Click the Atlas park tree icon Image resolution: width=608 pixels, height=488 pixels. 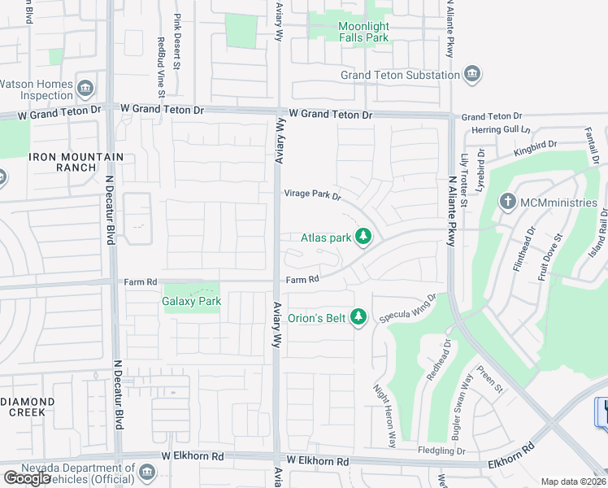(x=364, y=237)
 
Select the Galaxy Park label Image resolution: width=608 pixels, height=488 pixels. (x=192, y=302)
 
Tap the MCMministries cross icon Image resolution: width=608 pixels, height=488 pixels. (x=508, y=202)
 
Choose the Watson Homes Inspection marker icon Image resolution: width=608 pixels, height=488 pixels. (x=85, y=87)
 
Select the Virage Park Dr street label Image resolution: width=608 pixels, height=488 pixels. (x=312, y=194)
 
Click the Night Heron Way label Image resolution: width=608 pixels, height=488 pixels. (x=384, y=416)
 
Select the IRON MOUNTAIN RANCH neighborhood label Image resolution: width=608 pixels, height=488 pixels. (x=76, y=162)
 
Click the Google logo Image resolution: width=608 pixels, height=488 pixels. (x=27, y=478)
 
